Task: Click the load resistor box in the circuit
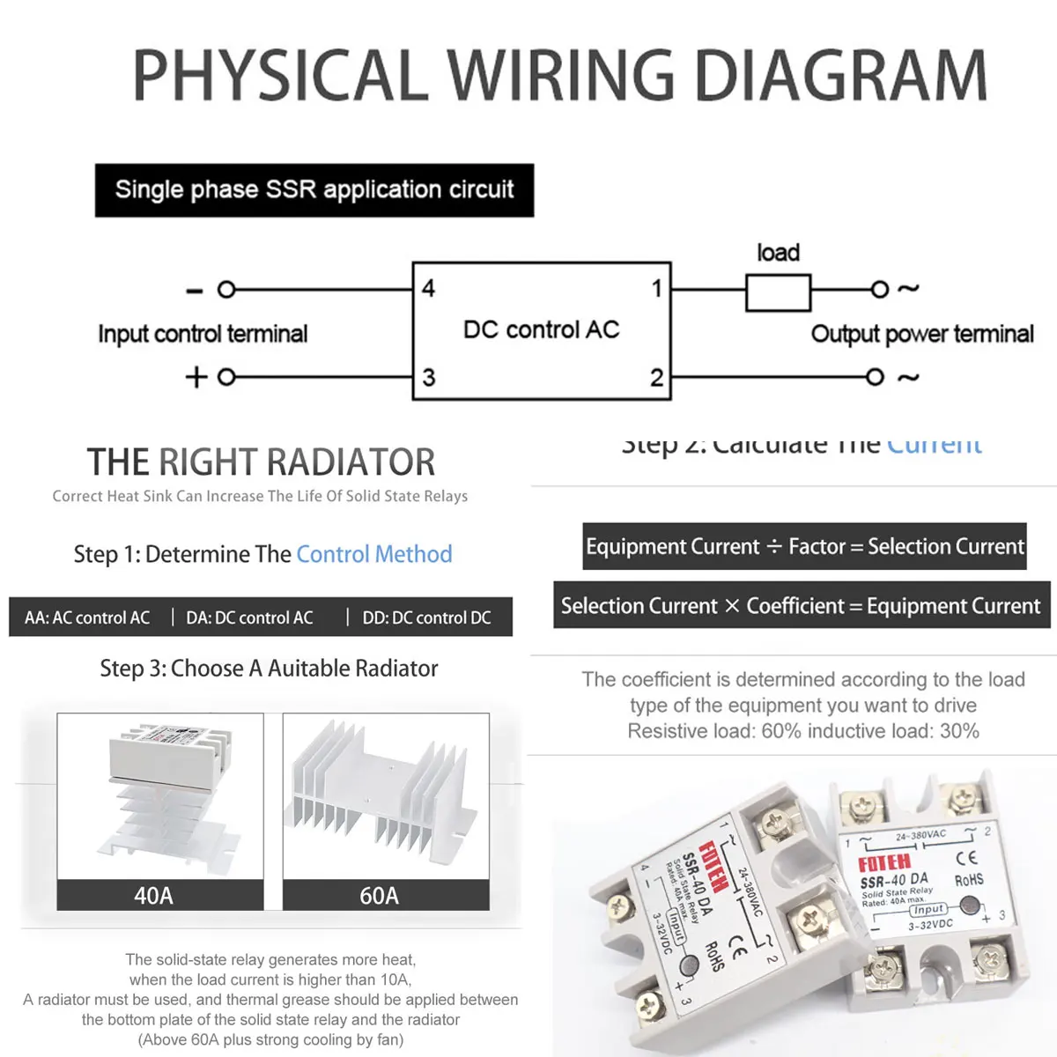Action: click(x=778, y=292)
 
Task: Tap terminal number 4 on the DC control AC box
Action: click(x=428, y=288)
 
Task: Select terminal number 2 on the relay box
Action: click(x=656, y=378)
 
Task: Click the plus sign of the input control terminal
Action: click(x=196, y=377)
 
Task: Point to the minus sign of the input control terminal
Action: click(x=196, y=290)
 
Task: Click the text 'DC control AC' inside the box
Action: click(x=541, y=329)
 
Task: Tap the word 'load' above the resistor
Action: click(x=778, y=253)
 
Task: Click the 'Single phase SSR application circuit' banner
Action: click(x=314, y=190)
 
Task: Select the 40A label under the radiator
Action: click(x=153, y=896)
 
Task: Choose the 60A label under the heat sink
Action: click(x=379, y=896)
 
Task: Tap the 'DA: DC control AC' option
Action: click(x=249, y=617)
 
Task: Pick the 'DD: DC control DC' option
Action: click(x=426, y=617)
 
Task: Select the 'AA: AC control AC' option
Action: click(x=87, y=617)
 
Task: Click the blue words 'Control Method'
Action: click(x=373, y=554)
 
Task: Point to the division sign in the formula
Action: click(x=773, y=547)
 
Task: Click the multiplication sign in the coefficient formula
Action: click(x=732, y=606)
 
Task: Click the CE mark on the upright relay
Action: click(x=966, y=856)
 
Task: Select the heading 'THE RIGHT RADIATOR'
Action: click(x=261, y=462)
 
